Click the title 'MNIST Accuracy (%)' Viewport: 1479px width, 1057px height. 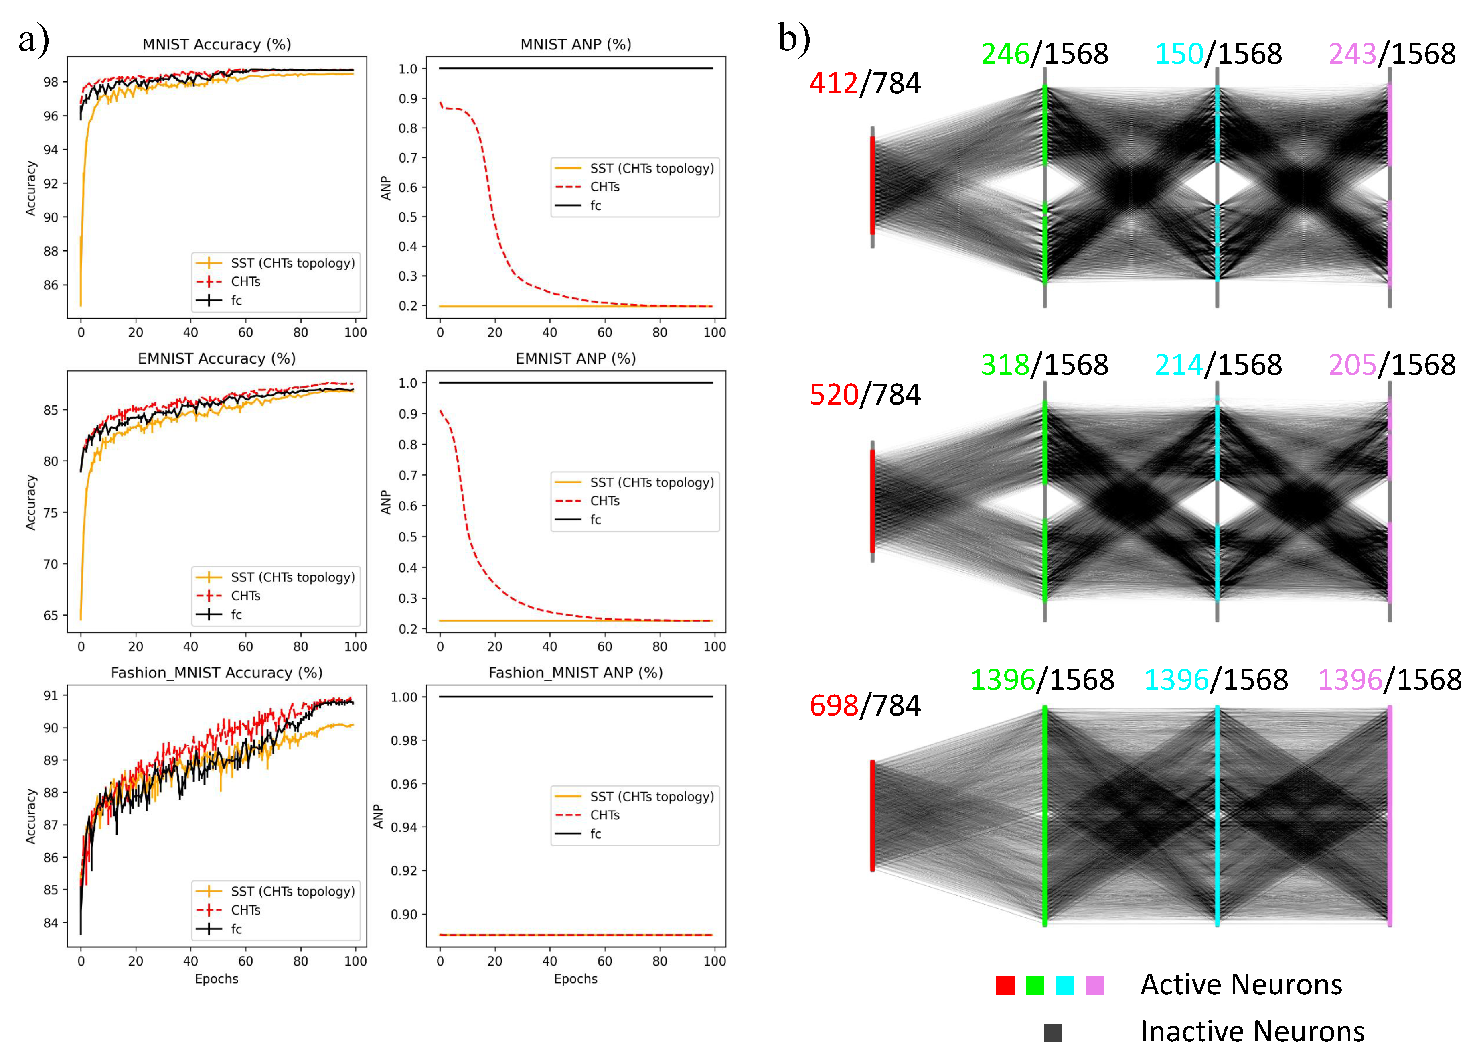point(217,44)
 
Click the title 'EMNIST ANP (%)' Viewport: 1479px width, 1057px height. point(575,359)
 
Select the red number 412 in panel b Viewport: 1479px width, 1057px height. point(833,83)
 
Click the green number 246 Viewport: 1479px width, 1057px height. point(1005,54)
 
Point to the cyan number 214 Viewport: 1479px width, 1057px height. point(1179,365)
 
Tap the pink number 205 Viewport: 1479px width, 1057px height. point(1352,365)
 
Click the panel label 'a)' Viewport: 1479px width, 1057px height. point(34,41)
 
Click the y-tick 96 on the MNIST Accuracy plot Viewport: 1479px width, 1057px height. point(51,116)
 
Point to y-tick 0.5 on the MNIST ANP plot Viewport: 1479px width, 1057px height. point(408,217)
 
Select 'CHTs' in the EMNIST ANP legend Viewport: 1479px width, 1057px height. point(604,500)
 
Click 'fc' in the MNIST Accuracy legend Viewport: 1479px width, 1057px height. point(236,300)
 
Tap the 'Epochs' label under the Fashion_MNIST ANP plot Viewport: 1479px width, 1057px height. point(575,978)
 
